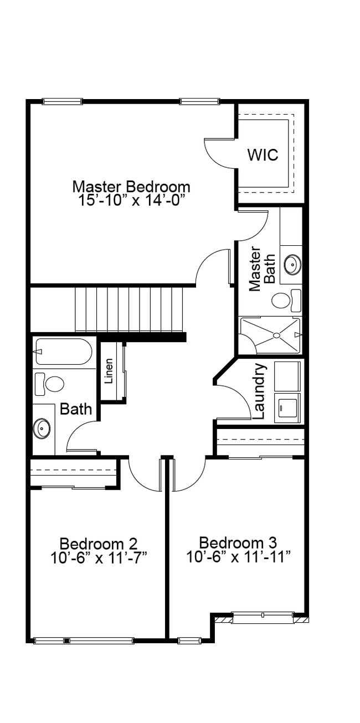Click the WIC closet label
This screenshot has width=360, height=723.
(263, 155)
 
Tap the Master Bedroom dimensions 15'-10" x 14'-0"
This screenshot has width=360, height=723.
(131, 200)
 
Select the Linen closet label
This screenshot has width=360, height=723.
(109, 371)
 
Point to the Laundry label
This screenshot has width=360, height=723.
(259, 391)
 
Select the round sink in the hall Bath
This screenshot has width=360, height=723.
(42, 427)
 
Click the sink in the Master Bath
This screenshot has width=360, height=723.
(292, 265)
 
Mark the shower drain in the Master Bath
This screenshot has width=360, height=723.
(276, 335)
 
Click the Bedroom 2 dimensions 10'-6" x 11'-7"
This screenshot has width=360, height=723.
(99, 557)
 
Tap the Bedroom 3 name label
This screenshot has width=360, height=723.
(238, 543)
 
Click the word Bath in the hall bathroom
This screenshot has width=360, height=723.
(76, 410)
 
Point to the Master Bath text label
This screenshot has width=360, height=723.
(262, 268)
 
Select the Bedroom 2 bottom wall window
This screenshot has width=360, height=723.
(83, 641)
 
